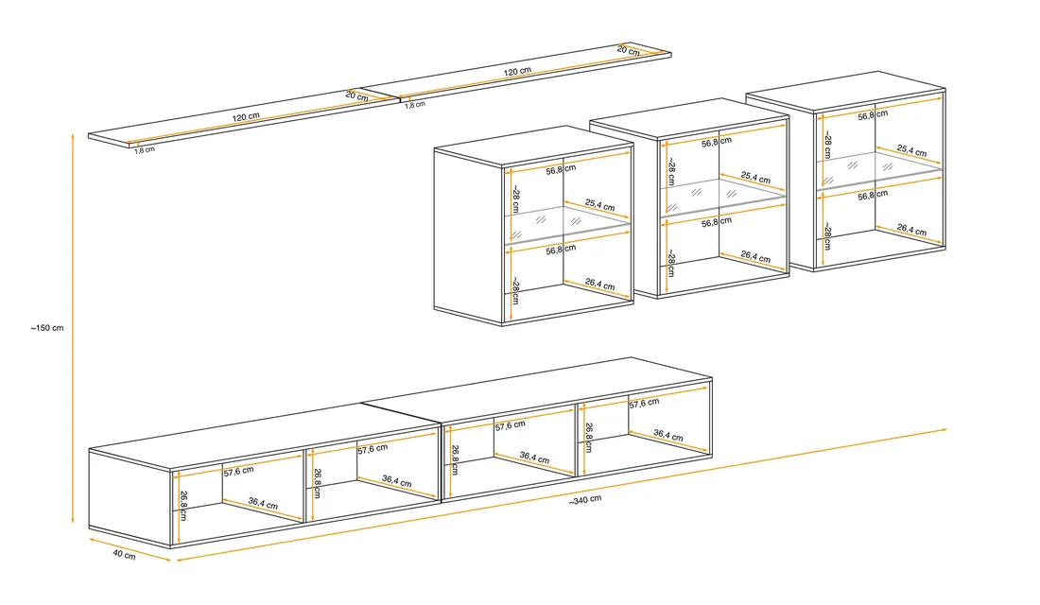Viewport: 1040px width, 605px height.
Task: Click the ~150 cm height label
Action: pyautogui.click(x=47, y=328)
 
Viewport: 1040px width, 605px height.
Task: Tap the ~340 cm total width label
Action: pyautogui.click(x=585, y=499)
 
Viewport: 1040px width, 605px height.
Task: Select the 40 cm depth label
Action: pyautogui.click(x=124, y=554)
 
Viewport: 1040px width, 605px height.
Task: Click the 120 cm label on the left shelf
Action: pyautogui.click(x=246, y=117)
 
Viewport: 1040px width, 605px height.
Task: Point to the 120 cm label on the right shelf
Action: pyautogui.click(x=517, y=71)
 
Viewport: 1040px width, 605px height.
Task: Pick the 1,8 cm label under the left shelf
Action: pyautogui.click(x=145, y=150)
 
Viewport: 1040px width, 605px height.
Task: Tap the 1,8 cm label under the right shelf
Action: pyautogui.click(x=415, y=104)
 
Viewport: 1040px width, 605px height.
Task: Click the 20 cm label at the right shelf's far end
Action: pyautogui.click(x=628, y=50)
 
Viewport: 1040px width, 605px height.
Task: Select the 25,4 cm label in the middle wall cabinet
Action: pyautogui.click(x=755, y=177)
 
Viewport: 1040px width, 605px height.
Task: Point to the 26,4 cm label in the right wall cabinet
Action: pyautogui.click(x=911, y=230)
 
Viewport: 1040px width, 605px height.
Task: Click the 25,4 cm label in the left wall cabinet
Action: pyautogui.click(x=599, y=205)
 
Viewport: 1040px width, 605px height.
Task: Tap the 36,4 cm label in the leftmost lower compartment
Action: pyautogui.click(x=264, y=503)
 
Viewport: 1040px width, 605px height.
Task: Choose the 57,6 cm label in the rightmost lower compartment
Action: pyautogui.click(x=644, y=403)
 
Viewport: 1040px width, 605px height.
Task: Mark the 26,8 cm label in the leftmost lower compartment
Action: pyautogui.click(x=183, y=506)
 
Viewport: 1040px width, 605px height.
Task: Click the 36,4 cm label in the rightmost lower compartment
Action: pyautogui.click(x=667, y=435)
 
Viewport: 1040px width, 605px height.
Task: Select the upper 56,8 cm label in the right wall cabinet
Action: pyautogui.click(x=873, y=115)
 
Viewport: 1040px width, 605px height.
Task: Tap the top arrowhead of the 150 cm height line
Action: pyautogui.click(x=73, y=135)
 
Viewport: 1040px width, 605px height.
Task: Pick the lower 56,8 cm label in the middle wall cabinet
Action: pyautogui.click(x=717, y=222)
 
